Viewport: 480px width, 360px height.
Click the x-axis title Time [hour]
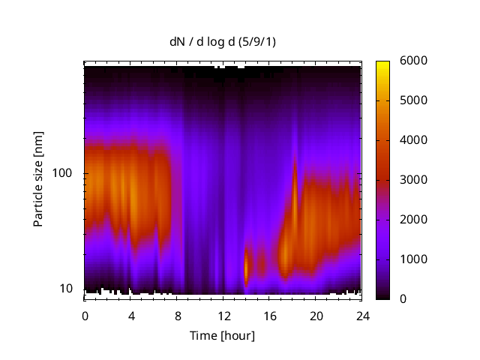tap(222, 335)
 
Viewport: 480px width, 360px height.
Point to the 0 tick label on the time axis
tap(85, 316)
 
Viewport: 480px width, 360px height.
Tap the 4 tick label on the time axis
tap(131, 316)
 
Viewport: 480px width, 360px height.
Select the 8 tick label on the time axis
tap(177, 316)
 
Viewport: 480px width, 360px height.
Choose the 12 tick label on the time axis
tap(223, 316)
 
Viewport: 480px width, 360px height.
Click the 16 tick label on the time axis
tap(269, 316)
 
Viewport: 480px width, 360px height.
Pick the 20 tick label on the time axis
tap(315, 316)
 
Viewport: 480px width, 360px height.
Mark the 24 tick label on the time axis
tap(361, 316)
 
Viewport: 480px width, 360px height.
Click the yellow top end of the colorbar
tap(382, 64)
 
